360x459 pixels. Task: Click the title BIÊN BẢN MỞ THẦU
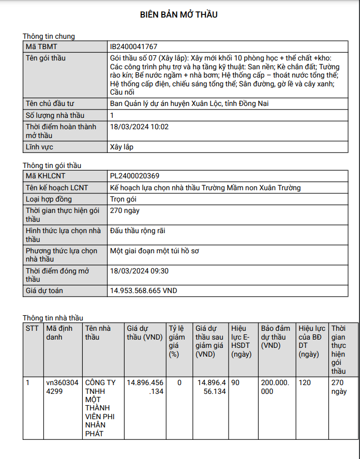pos(179,14)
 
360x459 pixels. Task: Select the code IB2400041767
pos(133,47)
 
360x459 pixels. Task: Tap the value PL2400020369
pos(134,176)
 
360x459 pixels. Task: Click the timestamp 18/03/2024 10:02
pos(140,126)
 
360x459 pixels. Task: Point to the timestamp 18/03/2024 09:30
pos(140,270)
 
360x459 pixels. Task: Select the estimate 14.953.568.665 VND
pos(143,290)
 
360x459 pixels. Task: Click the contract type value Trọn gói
pos(123,199)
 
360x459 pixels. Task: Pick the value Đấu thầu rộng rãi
pos(138,231)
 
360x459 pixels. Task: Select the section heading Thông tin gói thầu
pos(52,165)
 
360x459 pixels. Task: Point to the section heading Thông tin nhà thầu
pos(53,318)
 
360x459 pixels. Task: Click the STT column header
pos(32,328)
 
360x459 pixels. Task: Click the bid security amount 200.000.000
pos(276,387)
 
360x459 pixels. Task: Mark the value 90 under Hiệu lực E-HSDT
pos(235,382)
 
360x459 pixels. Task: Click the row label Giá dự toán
pos(44,290)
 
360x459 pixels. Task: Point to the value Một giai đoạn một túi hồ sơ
pos(155,251)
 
